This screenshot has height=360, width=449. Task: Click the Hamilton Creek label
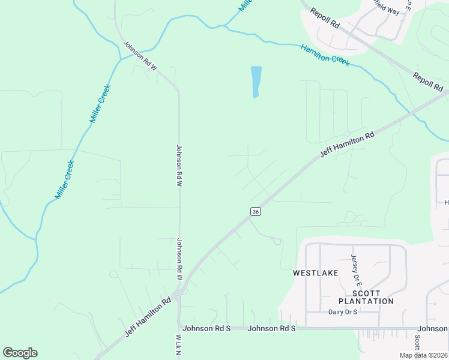point(325,55)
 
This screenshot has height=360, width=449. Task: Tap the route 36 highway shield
point(256,211)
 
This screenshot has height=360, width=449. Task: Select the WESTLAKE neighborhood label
point(316,273)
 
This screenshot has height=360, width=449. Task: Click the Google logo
point(20,353)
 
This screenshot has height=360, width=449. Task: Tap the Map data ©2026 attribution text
point(423,355)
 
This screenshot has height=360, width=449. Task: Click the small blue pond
point(256,81)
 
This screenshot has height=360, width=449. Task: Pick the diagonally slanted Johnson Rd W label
point(140,55)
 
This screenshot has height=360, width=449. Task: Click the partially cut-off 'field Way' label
point(385,8)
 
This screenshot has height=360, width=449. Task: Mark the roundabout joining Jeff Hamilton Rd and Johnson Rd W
point(178,294)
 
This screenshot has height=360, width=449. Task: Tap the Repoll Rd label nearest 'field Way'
point(325,18)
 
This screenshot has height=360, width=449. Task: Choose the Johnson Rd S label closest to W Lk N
point(207,328)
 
